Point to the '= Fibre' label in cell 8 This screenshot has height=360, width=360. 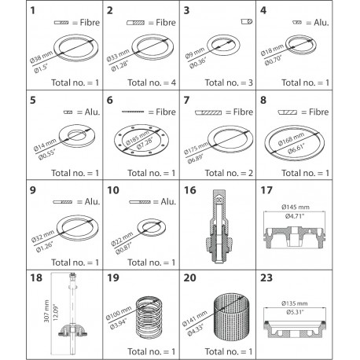pos(331,101)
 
